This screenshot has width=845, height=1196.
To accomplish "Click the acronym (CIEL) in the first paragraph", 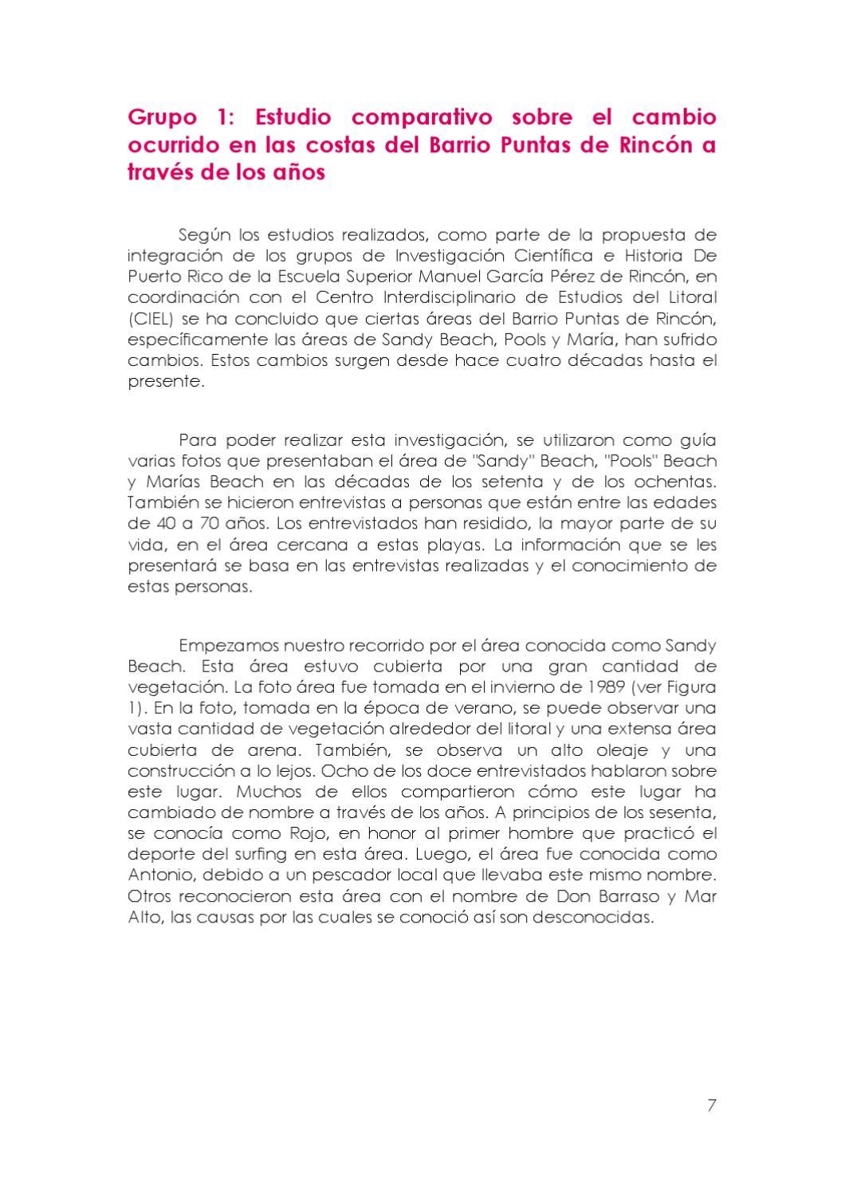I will (x=149, y=319).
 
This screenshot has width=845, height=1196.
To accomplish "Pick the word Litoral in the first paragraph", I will (x=690, y=297).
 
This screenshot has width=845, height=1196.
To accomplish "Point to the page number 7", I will (x=711, y=1104).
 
